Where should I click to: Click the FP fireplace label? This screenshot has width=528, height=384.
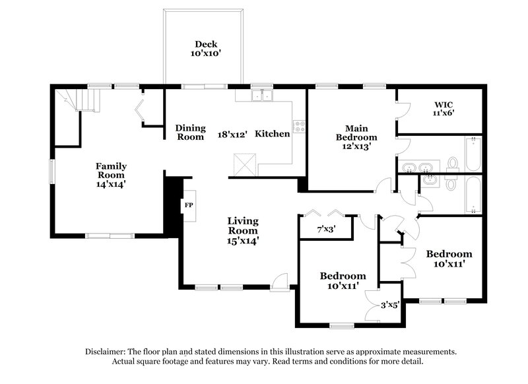tap(188, 205)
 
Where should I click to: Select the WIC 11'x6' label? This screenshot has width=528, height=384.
tap(444, 108)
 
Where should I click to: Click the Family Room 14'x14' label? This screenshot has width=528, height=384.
tap(111, 176)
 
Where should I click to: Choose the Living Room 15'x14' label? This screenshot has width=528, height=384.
tap(243, 231)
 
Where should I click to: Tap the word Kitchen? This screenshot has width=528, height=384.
tap(273, 134)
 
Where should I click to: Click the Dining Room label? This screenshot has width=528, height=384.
tap(190, 133)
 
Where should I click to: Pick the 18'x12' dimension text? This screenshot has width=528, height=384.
tap(232, 135)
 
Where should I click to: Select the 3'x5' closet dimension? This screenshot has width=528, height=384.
tap(391, 305)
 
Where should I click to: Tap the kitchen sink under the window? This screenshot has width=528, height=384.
tap(261, 96)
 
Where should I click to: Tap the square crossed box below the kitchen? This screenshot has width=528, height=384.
tap(244, 162)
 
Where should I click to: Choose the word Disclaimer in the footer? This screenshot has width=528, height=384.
tap(108, 352)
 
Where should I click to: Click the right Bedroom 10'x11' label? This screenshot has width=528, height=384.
tap(449, 259)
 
